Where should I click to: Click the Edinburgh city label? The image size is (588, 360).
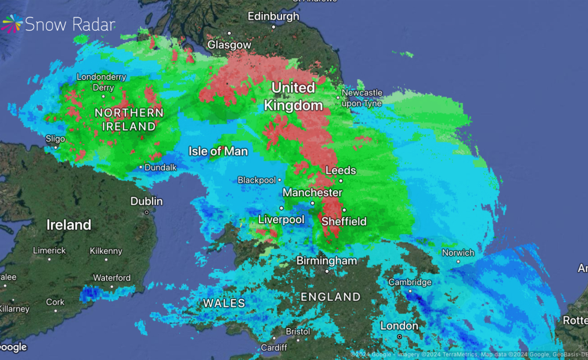coord(273,16)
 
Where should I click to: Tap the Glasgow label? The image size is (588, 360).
coord(229,45)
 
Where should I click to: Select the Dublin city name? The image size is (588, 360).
coord(146,202)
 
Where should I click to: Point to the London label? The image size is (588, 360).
coord(399,326)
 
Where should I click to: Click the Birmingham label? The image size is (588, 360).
coord(327,261)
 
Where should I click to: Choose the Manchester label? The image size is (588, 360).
coord(312,193)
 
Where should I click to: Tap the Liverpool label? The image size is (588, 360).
coord(281,220)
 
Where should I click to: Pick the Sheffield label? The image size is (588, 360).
coord(344,221)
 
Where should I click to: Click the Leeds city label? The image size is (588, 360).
coord(341,170)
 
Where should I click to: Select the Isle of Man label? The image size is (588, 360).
coord(218,151)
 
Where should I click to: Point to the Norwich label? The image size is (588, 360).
coord(458,253)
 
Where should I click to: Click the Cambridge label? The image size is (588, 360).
coord(410,282)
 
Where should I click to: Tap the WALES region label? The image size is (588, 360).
coord(224,303)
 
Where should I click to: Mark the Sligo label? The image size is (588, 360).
coord(55,138)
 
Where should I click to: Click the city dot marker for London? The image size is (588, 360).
coord(400,337)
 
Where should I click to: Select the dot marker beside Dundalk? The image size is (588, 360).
coord(141,167)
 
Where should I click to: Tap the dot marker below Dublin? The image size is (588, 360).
coord(146,212)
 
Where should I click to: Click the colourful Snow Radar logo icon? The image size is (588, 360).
coord(13,24)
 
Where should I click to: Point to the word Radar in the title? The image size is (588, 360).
coord(92,24)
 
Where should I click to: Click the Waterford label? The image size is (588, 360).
coord(112,278)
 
